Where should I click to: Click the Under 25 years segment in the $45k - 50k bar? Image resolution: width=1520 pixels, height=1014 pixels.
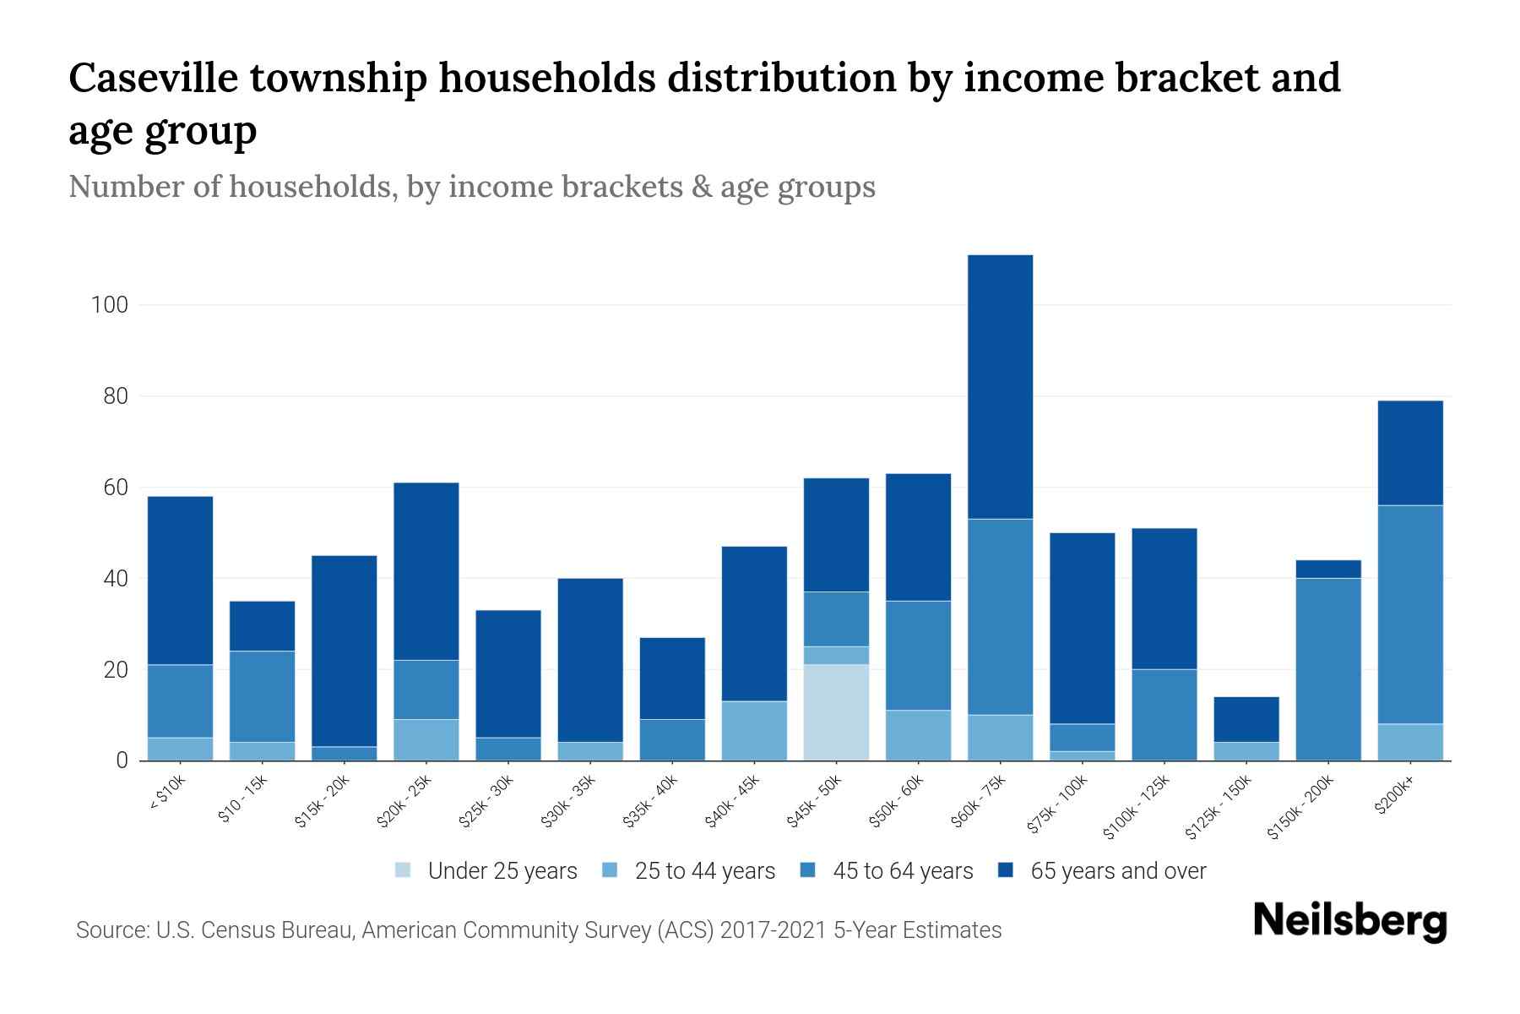click(x=836, y=712)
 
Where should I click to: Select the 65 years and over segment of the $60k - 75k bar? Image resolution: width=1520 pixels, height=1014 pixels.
click(x=1000, y=386)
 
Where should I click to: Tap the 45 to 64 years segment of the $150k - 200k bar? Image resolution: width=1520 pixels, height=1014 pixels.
click(x=1328, y=669)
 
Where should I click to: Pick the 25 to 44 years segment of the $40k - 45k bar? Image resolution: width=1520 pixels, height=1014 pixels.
click(x=754, y=731)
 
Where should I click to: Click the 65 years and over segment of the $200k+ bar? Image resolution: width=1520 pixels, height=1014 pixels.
click(x=1410, y=453)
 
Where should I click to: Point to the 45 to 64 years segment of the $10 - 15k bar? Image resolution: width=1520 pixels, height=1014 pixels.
click(x=262, y=696)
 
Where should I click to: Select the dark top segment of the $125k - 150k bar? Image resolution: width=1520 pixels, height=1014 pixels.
click(x=1246, y=719)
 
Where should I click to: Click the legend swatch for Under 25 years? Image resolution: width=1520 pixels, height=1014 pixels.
click(x=404, y=870)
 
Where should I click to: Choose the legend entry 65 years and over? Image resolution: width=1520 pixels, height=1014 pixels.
click(x=1117, y=870)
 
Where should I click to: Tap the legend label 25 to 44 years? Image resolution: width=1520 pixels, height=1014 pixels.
click(x=704, y=870)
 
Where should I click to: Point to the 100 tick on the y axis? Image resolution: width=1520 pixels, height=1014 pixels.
click(x=110, y=305)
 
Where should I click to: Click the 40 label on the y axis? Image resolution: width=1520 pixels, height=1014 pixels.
click(x=116, y=579)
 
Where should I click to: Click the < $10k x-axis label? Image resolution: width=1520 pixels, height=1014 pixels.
click(x=168, y=793)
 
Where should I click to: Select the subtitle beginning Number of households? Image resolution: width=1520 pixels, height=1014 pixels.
click(x=471, y=187)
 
